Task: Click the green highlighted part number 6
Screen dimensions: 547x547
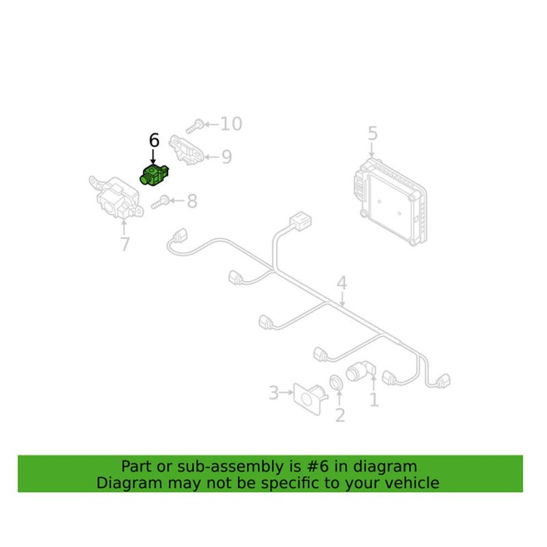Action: (x=154, y=175)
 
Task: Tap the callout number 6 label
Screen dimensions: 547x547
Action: (x=155, y=140)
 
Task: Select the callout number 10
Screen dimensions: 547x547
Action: (x=231, y=124)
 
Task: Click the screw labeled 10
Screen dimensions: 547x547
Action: (x=195, y=126)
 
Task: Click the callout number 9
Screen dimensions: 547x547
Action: (x=227, y=157)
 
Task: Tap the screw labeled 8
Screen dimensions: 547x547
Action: (x=161, y=202)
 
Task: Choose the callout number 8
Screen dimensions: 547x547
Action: (x=192, y=201)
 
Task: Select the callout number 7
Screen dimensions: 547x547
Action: (x=125, y=244)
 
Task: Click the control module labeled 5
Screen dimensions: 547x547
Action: (x=389, y=202)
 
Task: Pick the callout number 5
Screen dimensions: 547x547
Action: (x=373, y=133)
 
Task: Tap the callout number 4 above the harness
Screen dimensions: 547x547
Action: (x=342, y=283)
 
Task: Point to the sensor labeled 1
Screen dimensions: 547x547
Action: (x=361, y=371)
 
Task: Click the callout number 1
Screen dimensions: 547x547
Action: (x=374, y=400)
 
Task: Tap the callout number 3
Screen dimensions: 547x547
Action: (x=274, y=392)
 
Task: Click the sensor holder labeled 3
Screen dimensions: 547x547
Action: (x=310, y=399)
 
